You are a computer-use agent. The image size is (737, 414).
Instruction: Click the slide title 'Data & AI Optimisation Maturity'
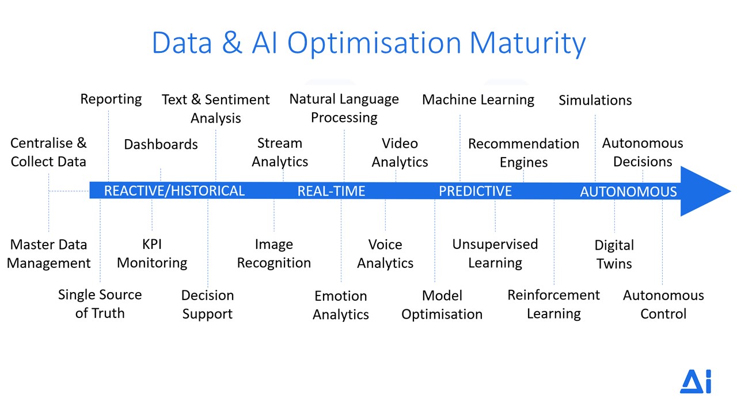point(368,43)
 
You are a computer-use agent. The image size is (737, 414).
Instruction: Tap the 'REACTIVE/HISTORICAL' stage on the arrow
point(174,191)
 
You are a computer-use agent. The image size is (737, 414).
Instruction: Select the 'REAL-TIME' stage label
point(331,191)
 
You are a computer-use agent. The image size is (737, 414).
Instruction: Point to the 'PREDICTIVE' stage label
point(475,191)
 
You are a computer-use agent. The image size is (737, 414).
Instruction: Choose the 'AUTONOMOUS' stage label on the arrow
point(628,191)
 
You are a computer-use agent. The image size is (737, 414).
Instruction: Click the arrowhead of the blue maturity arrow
point(704,191)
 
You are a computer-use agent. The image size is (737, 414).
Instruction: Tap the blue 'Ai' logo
point(696,381)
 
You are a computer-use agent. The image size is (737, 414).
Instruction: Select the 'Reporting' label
point(111,99)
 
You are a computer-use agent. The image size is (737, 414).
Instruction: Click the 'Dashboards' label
point(161,144)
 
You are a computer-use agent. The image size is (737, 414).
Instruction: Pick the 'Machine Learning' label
point(478,100)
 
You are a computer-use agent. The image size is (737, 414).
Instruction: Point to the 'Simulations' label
point(595,100)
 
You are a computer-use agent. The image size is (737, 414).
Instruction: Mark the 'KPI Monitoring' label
point(152,254)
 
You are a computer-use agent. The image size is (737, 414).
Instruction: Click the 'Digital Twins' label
point(614,254)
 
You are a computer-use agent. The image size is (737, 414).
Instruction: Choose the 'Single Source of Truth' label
point(100,304)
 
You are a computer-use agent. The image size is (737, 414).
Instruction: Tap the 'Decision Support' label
point(208,305)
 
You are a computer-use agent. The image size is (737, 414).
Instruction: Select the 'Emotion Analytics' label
point(341,305)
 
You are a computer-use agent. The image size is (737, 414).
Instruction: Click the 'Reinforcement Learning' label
point(554,304)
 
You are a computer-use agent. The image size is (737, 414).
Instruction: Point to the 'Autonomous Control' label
point(663,305)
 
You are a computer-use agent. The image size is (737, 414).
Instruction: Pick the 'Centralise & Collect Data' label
point(48,152)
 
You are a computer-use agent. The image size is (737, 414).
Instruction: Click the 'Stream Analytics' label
point(280,152)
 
